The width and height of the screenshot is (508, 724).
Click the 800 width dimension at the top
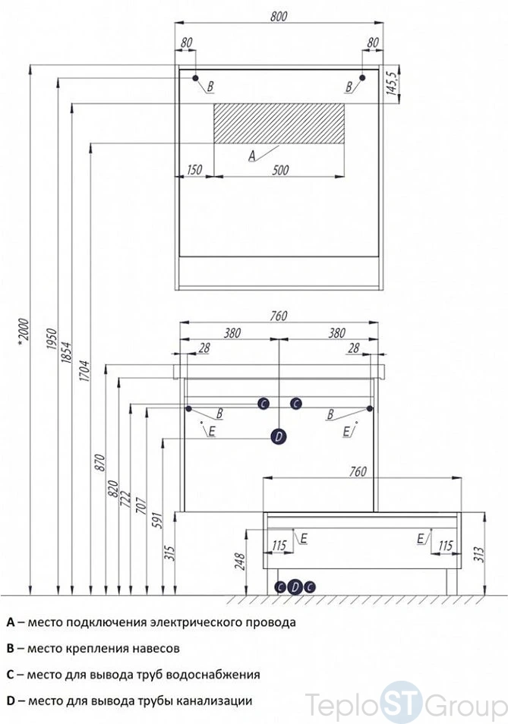pyautogui.click(x=279, y=16)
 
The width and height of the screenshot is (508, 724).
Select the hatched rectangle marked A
pyautogui.click(x=279, y=123)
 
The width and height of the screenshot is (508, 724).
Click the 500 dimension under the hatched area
pyautogui.click(x=280, y=170)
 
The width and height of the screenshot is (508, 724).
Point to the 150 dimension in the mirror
pyautogui.click(x=194, y=170)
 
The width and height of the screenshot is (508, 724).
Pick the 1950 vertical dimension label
pyautogui.click(x=52, y=338)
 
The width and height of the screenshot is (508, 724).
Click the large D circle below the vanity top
pyautogui.click(x=279, y=436)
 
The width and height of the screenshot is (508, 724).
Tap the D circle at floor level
pyautogui.click(x=295, y=587)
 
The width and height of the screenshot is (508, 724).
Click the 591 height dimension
pyautogui.click(x=157, y=520)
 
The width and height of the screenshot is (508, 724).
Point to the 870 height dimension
pyautogui.click(x=100, y=463)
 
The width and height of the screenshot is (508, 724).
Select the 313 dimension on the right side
pyautogui.click(x=478, y=555)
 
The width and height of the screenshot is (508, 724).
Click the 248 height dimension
pyautogui.click(x=240, y=562)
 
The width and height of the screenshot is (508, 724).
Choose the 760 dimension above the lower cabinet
pyautogui.click(x=358, y=471)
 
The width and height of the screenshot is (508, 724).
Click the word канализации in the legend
pyautogui.click(x=216, y=701)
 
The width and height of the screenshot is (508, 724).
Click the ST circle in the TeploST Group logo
pyautogui.click(x=400, y=702)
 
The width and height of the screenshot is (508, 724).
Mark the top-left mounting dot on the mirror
pyautogui.click(x=195, y=78)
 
